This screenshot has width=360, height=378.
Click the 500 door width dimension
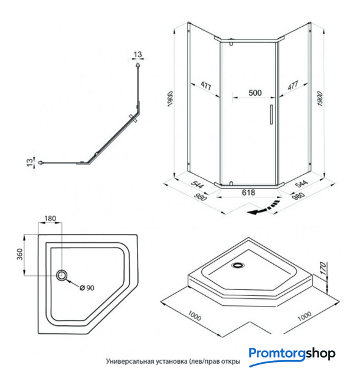click(x=254, y=93)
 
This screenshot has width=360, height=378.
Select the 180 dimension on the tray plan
click(x=50, y=219)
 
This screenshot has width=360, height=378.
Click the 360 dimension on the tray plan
click(x=19, y=254)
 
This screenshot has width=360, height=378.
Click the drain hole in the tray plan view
click(x=62, y=275)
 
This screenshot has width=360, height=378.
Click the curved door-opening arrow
click(x=263, y=208)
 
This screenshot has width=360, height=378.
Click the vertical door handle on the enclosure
click(x=271, y=114)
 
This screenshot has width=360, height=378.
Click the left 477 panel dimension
click(x=205, y=86)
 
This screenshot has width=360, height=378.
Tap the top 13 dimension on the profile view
click(x=138, y=55)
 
